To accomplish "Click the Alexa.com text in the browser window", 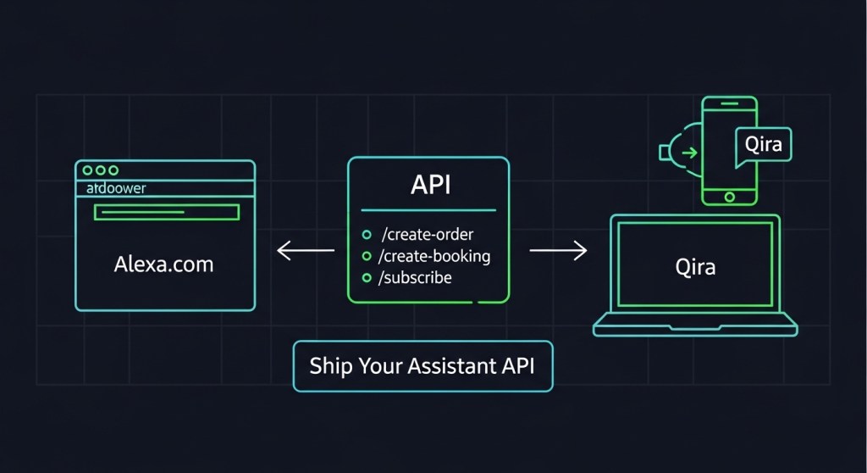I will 163,264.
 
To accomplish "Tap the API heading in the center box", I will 429,186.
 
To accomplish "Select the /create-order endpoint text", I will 428,234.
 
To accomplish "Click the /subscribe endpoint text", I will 417,277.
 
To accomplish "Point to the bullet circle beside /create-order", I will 367,235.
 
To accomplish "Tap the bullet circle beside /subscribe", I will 367,278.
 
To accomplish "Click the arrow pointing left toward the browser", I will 306,251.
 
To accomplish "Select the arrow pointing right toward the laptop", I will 558,251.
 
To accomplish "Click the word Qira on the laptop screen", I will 695,267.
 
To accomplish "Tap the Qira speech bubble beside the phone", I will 764,144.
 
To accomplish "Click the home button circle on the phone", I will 730,196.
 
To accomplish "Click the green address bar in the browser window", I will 166,212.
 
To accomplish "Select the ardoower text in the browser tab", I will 117,188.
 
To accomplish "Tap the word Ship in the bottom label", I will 329,366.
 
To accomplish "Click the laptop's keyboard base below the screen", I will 695,324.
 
